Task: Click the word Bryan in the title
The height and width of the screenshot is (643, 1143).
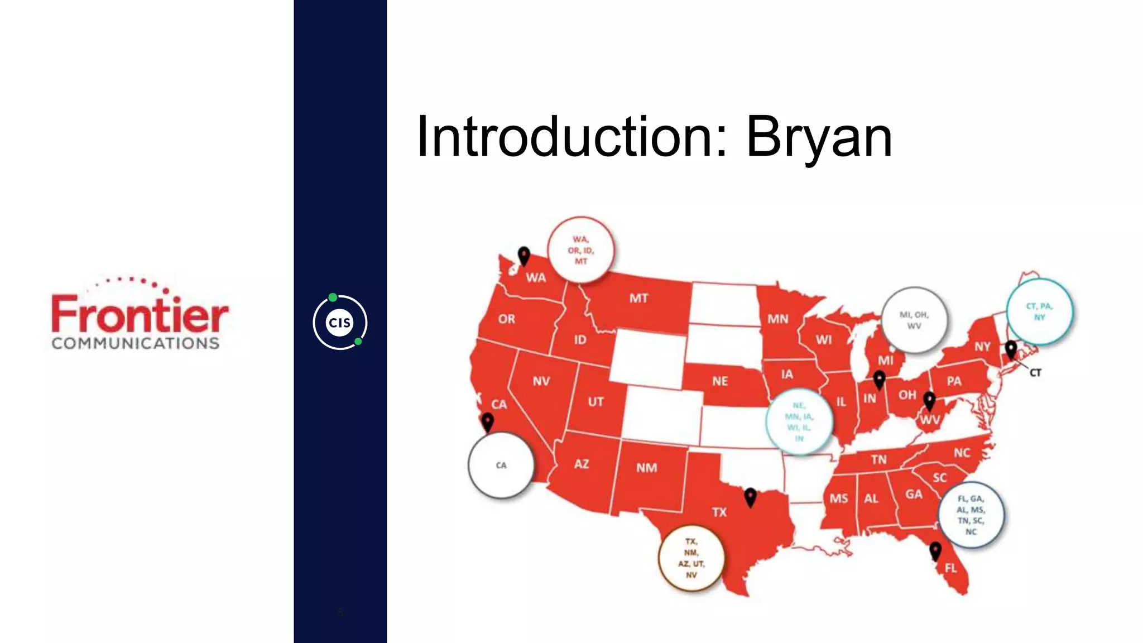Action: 819,137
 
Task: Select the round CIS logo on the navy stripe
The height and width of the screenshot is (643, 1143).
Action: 340,322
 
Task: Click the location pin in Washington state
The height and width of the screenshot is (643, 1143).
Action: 524,256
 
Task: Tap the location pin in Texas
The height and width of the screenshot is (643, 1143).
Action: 751,496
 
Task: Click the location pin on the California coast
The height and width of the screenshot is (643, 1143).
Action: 488,421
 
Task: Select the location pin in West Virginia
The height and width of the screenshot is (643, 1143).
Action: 929,400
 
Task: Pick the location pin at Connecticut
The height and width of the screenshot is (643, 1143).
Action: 1011,350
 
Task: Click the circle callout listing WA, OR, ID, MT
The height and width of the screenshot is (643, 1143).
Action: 581,250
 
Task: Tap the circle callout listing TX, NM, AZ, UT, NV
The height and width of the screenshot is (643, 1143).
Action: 691,558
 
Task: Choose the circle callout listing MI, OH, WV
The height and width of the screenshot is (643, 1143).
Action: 914,320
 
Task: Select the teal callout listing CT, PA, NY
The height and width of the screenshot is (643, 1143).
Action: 1039,311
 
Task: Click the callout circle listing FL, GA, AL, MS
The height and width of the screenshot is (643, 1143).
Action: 971,515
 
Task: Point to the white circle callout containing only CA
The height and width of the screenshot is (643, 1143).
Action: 501,465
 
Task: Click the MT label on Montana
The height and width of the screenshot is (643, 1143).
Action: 638,298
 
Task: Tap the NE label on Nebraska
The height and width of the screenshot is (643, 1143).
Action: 720,381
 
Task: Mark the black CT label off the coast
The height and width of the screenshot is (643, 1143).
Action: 1035,372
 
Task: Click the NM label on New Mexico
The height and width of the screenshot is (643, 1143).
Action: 646,468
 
